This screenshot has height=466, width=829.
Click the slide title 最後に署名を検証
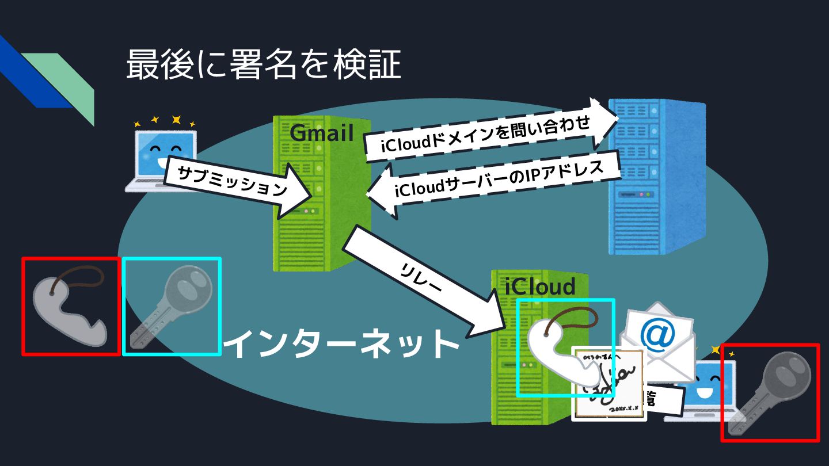(263, 64)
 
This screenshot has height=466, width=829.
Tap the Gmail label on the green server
(321, 133)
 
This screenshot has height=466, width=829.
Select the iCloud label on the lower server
(539, 286)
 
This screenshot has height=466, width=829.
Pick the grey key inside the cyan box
(172, 306)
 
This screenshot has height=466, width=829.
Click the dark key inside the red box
(770, 392)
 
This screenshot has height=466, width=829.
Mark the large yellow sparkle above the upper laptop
(176, 120)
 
